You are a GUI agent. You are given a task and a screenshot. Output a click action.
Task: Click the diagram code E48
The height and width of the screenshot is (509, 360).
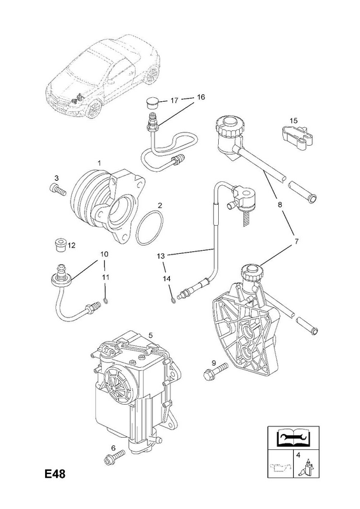pyautogui.click(x=55, y=474)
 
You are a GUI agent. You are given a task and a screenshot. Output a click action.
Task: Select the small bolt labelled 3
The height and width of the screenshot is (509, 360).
pyautogui.click(x=59, y=189)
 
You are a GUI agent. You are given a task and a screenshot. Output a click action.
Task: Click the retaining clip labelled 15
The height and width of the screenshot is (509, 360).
pyautogui.click(x=297, y=137)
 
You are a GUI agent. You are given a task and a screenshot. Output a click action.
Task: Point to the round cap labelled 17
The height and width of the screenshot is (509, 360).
pyautogui.click(x=151, y=102)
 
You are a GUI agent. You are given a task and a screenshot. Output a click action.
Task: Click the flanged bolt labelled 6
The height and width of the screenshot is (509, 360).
pyautogui.click(x=114, y=456)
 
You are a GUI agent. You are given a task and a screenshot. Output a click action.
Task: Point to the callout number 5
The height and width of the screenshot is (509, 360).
pyautogui.click(x=151, y=335)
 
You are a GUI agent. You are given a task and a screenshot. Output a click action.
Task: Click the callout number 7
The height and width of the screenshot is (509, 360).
pyautogui.click(x=296, y=242)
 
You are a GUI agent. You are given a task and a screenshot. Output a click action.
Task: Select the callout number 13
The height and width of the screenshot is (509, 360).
pyautogui.click(x=161, y=256)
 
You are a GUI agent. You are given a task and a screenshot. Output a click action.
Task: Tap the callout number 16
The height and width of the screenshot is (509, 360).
pyautogui.click(x=201, y=97)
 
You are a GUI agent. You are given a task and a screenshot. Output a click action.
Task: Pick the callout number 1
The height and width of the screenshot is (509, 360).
pyautogui.click(x=99, y=162)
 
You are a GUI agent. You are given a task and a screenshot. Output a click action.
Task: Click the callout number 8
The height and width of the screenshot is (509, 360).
pyautogui.click(x=280, y=205)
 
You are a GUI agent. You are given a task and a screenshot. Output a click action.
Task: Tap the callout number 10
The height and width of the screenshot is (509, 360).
pyautogui.click(x=104, y=254)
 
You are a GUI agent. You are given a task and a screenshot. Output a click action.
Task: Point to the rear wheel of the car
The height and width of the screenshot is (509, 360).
pyautogui.click(x=151, y=74)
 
